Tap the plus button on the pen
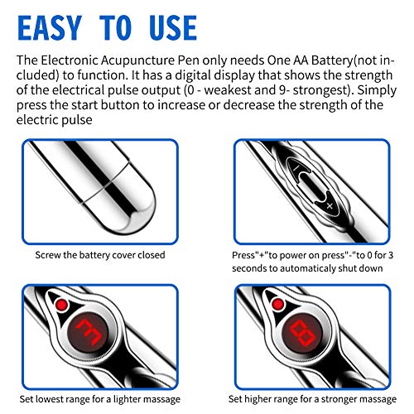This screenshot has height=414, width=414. point(330,205)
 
